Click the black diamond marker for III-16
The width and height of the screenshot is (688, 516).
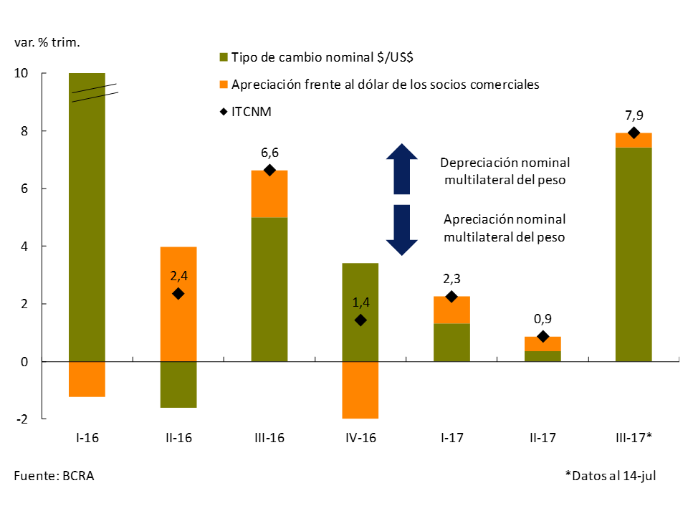click(269, 170)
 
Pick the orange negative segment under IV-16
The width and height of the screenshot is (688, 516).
click(360, 390)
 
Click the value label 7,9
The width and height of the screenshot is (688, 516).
click(634, 115)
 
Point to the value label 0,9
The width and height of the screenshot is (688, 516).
click(543, 319)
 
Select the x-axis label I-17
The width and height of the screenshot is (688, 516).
click(451, 437)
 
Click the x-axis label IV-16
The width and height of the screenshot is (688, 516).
click(360, 437)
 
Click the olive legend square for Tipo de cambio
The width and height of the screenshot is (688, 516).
click(224, 57)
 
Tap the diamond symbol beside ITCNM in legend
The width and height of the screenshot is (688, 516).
click(224, 111)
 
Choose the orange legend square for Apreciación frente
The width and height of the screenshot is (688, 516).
click(224, 85)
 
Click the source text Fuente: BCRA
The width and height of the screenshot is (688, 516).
click(54, 475)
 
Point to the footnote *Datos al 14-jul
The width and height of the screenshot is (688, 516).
click(611, 475)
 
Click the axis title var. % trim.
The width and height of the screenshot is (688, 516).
click(47, 42)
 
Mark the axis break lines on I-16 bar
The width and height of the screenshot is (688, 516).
click(94, 92)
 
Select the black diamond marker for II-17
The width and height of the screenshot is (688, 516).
click(543, 336)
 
